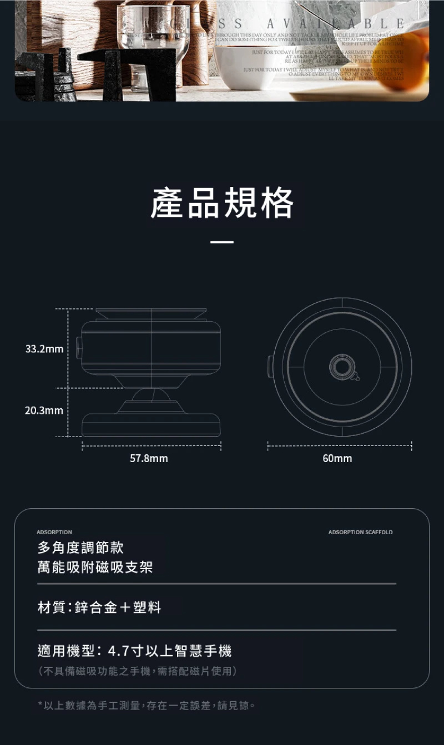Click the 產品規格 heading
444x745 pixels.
coord(222,203)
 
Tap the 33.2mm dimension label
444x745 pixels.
coord(44,349)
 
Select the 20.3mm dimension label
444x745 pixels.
coord(44,410)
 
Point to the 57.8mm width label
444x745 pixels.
coord(149,459)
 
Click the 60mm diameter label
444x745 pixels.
coord(337,459)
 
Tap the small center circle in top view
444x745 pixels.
coord(342,367)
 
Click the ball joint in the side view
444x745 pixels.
coord(150,396)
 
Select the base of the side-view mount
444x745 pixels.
coord(151,424)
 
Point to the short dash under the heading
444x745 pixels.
coord(222,242)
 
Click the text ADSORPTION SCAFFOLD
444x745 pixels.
coord(360,533)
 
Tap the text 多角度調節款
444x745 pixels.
coord(80,548)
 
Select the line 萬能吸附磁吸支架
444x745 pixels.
coord(95,567)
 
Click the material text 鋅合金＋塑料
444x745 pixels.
coord(118,608)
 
